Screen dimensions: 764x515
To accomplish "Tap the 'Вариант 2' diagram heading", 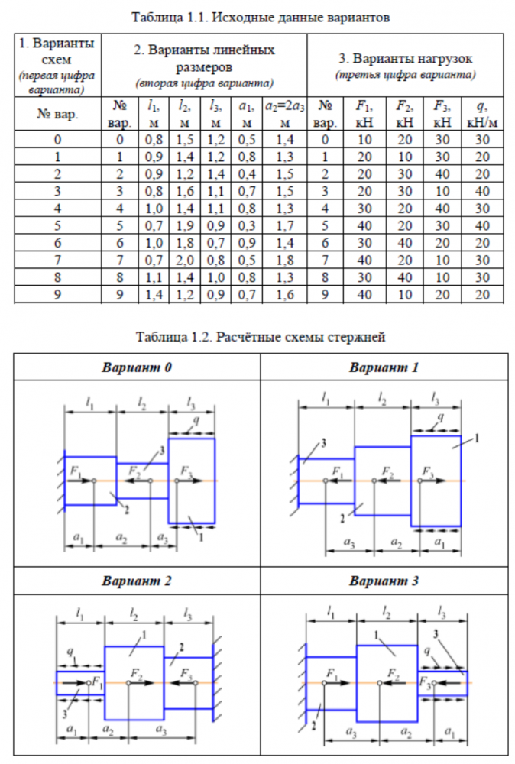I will [137, 581].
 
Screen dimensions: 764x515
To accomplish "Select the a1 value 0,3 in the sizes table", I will [245, 226].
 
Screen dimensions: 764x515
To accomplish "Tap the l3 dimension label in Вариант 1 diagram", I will [436, 397].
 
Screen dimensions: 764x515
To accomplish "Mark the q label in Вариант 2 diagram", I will [70, 654].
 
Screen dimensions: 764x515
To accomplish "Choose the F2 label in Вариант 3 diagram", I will [394, 672].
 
